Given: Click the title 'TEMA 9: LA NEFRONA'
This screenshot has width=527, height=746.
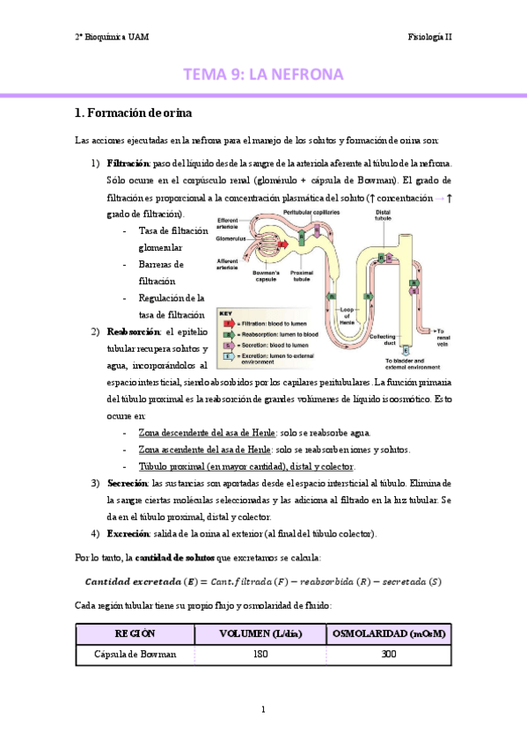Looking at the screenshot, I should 263,75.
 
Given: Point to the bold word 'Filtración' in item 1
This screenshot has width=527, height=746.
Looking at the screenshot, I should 128,164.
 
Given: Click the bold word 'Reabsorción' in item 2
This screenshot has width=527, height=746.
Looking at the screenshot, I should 134,332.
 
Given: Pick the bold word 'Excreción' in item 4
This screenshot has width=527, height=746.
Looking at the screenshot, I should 128,534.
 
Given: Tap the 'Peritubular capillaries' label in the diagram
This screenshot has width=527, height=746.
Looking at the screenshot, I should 311,213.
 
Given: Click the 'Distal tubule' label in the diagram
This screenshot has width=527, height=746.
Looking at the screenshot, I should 384,216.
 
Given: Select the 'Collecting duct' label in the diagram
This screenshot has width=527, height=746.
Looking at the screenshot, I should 382,340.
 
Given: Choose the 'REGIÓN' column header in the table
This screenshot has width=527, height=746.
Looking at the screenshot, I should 134,634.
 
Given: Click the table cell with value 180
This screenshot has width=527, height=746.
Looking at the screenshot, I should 260,655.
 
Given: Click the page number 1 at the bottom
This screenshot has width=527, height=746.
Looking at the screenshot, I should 263,709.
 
